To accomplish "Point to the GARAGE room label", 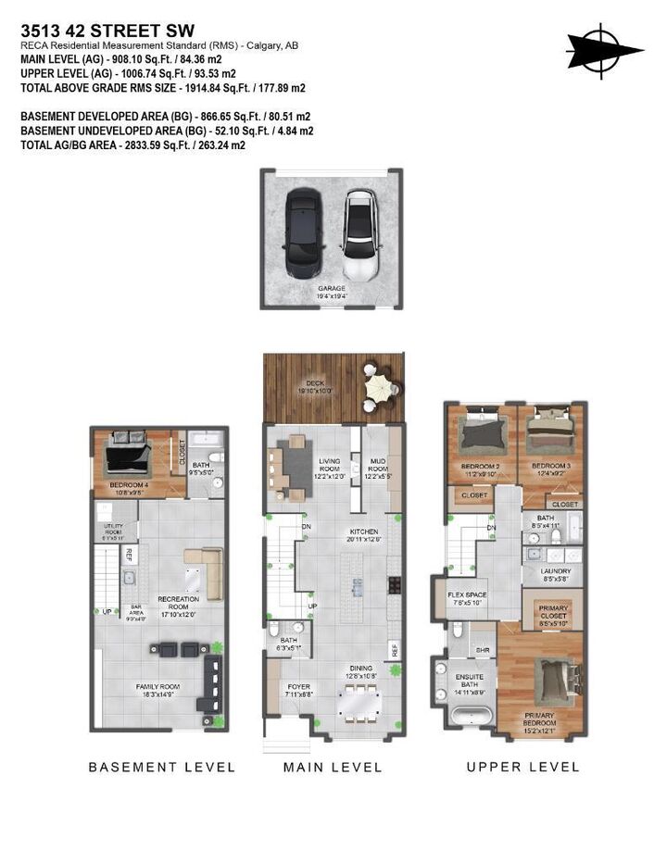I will click(332, 288).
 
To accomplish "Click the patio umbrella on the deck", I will click(381, 384).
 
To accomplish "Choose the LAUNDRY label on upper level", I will click(556, 571).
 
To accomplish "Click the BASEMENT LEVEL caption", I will click(162, 767).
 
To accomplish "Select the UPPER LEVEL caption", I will click(522, 767).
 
